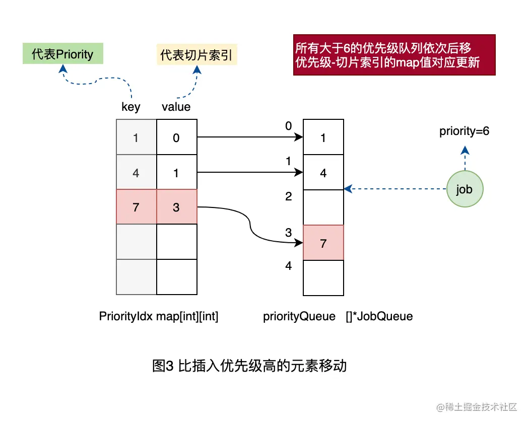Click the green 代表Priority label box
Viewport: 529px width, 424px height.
click(62, 54)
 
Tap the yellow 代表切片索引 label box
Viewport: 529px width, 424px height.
click(196, 54)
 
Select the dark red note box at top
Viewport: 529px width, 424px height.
click(394, 55)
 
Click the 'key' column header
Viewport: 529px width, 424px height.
click(131, 107)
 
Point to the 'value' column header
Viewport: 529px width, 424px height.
click(176, 107)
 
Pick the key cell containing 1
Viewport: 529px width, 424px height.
click(136, 137)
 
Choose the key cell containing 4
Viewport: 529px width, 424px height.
click(136, 173)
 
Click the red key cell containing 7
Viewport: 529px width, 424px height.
click(136, 207)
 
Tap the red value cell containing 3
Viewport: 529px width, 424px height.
click(176, 207)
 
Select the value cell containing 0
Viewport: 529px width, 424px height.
click(176, 137)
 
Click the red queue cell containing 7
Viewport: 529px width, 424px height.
click(323, 243)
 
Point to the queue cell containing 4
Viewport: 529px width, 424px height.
click(323, 173)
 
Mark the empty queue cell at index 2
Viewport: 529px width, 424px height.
click(323, 207)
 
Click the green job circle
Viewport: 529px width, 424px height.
click(465, 189)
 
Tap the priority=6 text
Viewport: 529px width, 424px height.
click(465, 132)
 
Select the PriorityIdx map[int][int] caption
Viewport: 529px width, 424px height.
click(159, 316)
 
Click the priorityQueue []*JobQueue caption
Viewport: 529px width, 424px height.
click(338, 316)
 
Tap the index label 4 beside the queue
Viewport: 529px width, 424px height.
click(289, 266)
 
